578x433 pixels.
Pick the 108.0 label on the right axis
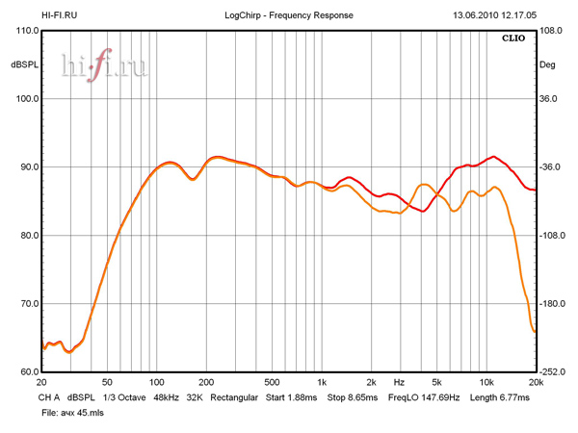coord(551,31)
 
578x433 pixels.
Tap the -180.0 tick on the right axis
coord(553,304)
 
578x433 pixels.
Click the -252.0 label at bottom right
coord(553,372)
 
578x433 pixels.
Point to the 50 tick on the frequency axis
coord(108,382)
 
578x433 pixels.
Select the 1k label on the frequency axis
coord(322,382)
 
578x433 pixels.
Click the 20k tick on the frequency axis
coord(536,382)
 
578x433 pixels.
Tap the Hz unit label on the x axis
coord(398,382)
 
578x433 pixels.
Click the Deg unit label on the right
coord(547,65)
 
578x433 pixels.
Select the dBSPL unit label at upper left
coord(24,65)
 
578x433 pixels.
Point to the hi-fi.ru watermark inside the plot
coord(104,65)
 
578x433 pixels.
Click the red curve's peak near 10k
coord(493,156)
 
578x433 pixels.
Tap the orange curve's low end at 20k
coord(535,332)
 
